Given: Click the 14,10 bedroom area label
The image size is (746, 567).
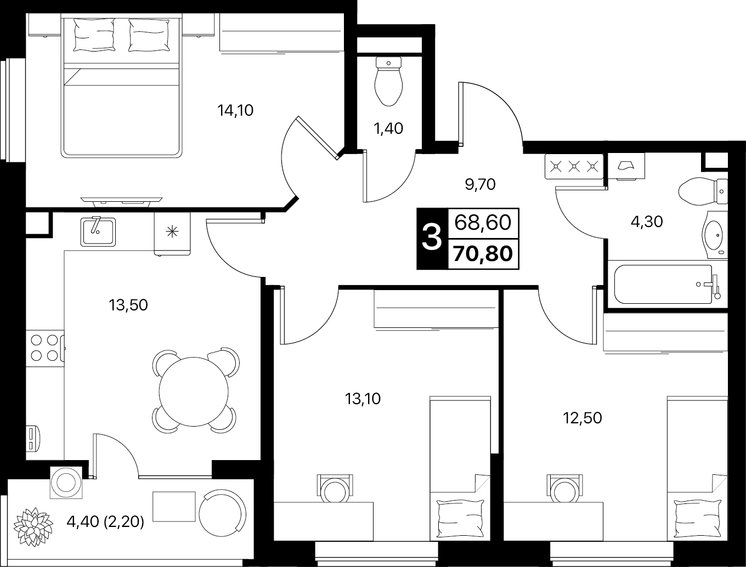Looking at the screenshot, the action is pos(235,110).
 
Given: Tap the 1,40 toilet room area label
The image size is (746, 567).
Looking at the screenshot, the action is pos(388,128).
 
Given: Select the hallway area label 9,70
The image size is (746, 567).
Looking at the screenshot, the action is pos(480,184).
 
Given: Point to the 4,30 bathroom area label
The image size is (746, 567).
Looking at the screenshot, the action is pos(647,222).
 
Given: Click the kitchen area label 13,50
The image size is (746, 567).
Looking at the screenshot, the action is pos(128,305).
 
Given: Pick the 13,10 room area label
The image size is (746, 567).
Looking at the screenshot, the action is pos(363,399).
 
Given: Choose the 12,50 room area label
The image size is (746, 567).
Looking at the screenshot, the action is pos(583,418).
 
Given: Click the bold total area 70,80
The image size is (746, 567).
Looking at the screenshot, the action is pos(483,254).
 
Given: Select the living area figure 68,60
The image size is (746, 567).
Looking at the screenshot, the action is pos(483,223).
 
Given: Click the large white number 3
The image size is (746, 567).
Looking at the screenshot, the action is pos(432,239).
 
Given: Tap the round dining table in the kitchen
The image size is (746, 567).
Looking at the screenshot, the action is pos(194,392).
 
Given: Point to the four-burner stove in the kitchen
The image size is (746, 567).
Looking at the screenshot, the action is pos(45,348).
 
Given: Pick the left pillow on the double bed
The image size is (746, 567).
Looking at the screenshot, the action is pos(94,35).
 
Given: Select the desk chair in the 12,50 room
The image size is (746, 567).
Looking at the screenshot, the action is pos(564,488).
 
